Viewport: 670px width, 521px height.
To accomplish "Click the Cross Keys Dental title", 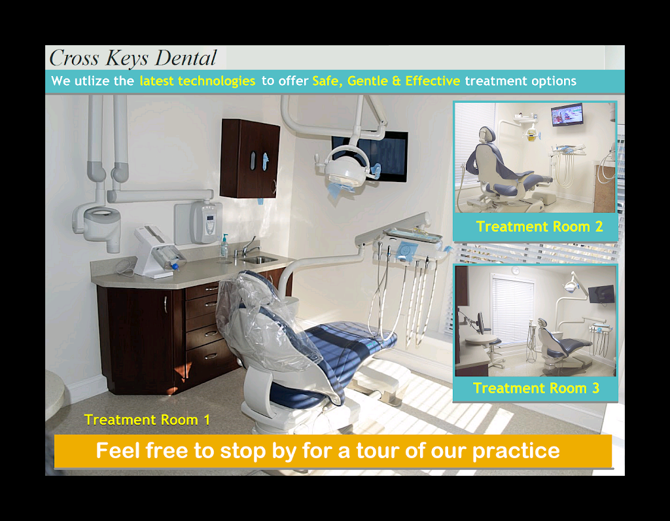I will coord(133,58).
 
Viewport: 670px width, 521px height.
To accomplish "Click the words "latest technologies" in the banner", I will coord(197,81).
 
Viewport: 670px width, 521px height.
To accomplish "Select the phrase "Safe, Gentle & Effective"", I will coord(386,81).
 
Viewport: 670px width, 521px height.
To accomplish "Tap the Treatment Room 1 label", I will coord(147,420).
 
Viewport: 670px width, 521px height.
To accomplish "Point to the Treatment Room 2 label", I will coord(539,227).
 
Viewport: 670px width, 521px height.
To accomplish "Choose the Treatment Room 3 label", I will coord(536,388).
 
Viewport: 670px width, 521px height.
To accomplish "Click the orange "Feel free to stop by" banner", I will coord(332,451).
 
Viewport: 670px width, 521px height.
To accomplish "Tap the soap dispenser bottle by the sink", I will coord(224,246).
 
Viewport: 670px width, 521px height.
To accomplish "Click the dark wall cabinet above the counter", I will coord(249,158).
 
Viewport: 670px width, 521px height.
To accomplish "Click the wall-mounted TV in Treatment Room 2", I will coord(566,115).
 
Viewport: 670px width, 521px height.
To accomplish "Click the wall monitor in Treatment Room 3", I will coord(601,295).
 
